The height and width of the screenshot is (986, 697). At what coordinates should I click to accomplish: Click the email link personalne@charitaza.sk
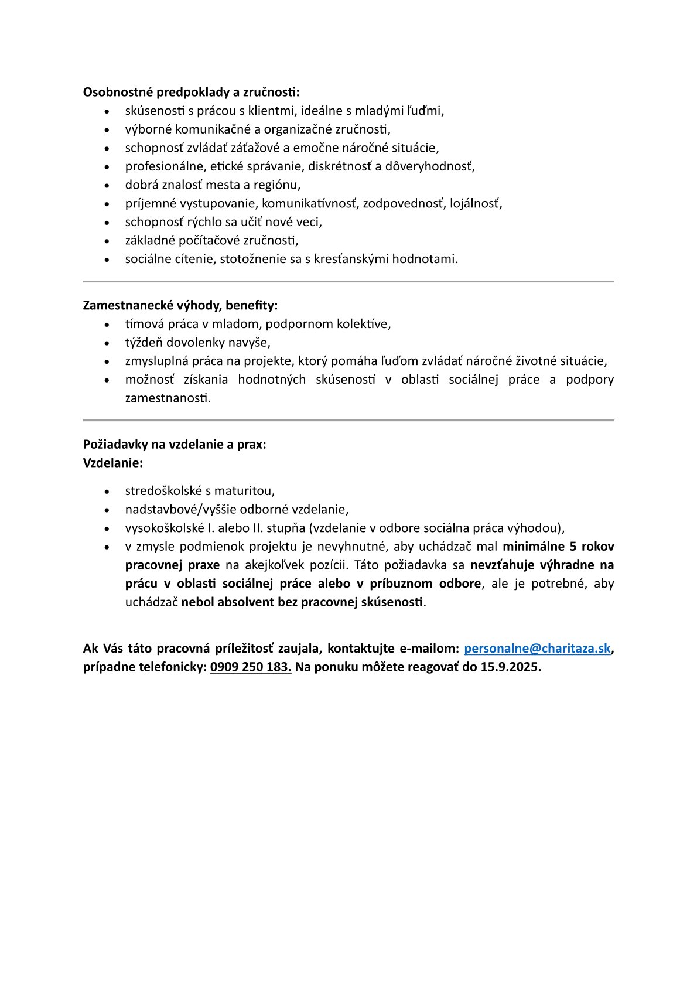(x=537, y=649)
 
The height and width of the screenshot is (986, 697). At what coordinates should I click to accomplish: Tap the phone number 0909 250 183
(x=250, y=667)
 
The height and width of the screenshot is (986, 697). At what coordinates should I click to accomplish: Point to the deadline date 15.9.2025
(x=510, y=667)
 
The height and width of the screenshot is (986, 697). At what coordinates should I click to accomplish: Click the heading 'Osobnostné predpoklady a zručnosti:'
(x=191, y=92)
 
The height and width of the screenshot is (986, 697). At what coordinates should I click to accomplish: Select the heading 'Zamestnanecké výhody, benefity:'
(x=180, y=305)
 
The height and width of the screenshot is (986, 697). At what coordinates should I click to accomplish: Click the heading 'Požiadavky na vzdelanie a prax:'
(x=175, y=444)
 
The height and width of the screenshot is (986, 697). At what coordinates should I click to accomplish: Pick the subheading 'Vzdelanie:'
(x=113, y=463)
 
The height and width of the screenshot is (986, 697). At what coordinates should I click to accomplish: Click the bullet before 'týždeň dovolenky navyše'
(x=107, y=343)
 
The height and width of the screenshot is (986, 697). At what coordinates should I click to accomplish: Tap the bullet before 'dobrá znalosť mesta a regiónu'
(x=107, y=185)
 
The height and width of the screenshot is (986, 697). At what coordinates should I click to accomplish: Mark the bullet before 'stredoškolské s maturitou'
(x=107, y=492)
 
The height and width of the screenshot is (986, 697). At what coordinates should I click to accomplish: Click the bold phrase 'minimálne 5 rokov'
(x=558, y=547)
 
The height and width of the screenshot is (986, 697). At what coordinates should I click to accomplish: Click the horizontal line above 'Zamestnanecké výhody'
(x=348, y=282)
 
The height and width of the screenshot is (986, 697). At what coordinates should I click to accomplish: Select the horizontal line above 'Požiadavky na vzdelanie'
(x=348, y=421)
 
